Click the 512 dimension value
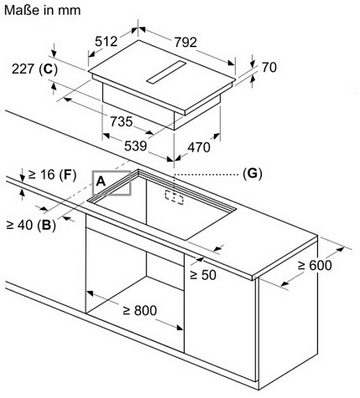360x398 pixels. pyautogui.click(x=106, y=41)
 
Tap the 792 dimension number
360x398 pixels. pyautogui.click(x=186, y=42)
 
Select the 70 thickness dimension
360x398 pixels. pyautogui.click(x=269, y=67)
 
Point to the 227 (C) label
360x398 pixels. pyautogui.click(x=34, y=69)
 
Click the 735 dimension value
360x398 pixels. pyautogui.click(x=121, y=121)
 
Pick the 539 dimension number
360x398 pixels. pyautogui.click(x=135, y=146)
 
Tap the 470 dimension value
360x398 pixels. pyautogui.click(x=199, y=147)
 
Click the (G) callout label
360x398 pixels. pyautogui.click(x=252, y=174)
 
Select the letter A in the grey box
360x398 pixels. pyautogui.click(x=101, y=182)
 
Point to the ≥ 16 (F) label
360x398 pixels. pyautogui.click(x=52, y=174)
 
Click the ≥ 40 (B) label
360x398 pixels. pyautogui.click(x=31, y=225)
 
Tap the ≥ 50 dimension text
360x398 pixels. pyautogui.click(x=203, y=275)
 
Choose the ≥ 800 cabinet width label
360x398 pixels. pyautogui.click(x=140, y=310)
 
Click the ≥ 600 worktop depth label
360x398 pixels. pyautogui.click(x=315, y=266)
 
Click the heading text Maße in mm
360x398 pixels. pyautogui.click(x=43, y=10)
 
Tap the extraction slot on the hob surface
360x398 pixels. pyautogui.click(x=166, y=73)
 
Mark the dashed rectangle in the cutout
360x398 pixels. pyautogui.click(x=174, y=198)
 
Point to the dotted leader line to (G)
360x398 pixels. pyautogui.click(x=206, y=174)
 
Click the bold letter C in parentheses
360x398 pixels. pyautogui.click(x=49, y=69)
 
